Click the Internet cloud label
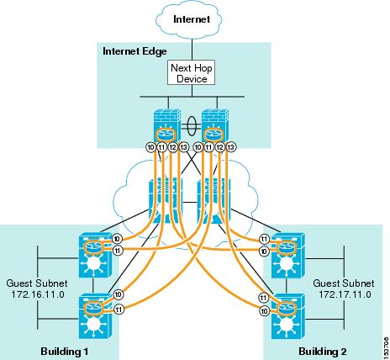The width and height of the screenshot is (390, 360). click(192, 19)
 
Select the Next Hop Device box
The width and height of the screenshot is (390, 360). click(192, 72)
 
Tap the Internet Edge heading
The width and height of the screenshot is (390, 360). click(134, 51)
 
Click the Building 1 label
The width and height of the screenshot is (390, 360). click(65, 352)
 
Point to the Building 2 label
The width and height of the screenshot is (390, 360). click(323, 352)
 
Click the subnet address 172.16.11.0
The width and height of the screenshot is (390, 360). click(38, 294)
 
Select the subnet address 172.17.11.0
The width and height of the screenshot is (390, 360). click(345, 294)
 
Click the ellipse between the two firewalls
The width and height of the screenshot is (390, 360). click(192, 126)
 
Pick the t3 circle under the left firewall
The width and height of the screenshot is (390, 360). click(183, 147)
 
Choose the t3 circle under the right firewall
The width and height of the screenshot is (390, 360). click(231, 147)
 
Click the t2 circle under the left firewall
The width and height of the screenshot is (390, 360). click(173, 147)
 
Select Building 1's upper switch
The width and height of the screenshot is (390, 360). click(95, 255)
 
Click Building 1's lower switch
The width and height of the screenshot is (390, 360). click(95, 316)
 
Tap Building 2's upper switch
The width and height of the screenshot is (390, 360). click(288, 255)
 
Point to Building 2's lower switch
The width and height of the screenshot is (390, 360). click(288, 316)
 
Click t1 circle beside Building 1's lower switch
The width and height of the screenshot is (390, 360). click(119, 310)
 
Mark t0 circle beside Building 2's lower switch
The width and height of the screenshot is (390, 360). click(264, 311)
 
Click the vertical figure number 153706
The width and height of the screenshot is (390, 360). click(387, 346)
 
